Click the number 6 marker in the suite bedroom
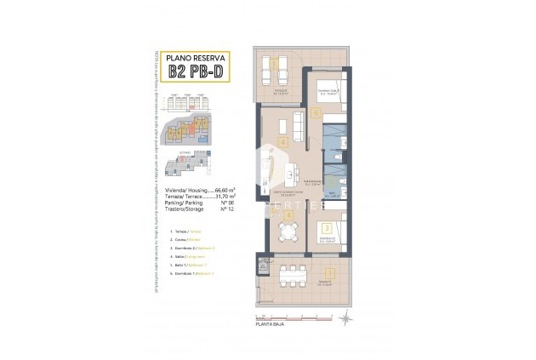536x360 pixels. point(316,112)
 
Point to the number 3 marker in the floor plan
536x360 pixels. point(325,228)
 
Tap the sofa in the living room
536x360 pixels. point(298,127)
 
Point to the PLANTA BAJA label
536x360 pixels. point(271,324)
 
